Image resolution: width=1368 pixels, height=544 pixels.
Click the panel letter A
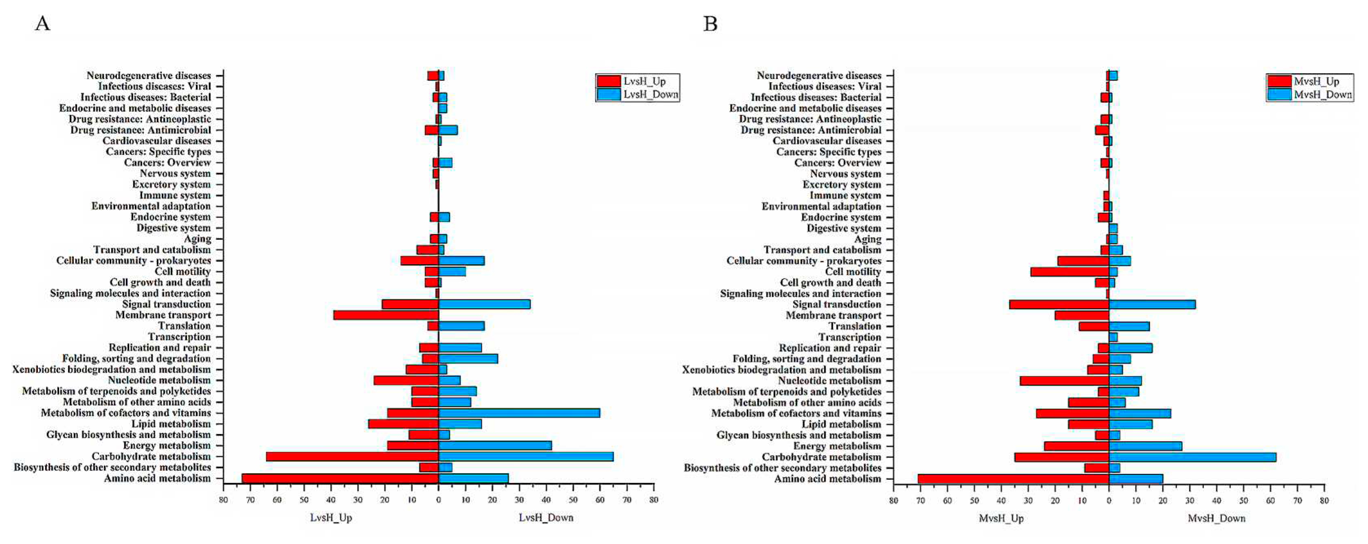[x=42, y=24]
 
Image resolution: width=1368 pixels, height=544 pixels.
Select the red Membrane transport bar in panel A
[x=386, y=315]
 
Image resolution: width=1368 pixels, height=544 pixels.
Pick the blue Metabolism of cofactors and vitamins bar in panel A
[x=519, y=413]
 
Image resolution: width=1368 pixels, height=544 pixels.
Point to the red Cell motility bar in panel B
[x=1069, y=272]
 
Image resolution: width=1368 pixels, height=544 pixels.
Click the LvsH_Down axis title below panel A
[x=546, y=518]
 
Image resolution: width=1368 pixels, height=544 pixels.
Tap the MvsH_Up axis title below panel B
[x=1001, y=518]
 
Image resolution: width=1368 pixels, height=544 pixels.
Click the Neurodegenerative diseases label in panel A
[x=149, y=75]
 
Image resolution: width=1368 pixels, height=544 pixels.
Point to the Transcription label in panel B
[x=849, y=337]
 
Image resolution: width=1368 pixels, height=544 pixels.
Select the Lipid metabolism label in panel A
[x=171, y=424]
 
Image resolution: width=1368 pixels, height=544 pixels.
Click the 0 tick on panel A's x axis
[x=438, y=500]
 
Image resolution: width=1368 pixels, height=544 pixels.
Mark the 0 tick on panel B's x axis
[x=1109, y=500]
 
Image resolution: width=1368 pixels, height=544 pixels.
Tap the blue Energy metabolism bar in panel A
[x=495, y=446]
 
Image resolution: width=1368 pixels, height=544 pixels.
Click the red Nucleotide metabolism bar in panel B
[x=1064, y=381]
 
